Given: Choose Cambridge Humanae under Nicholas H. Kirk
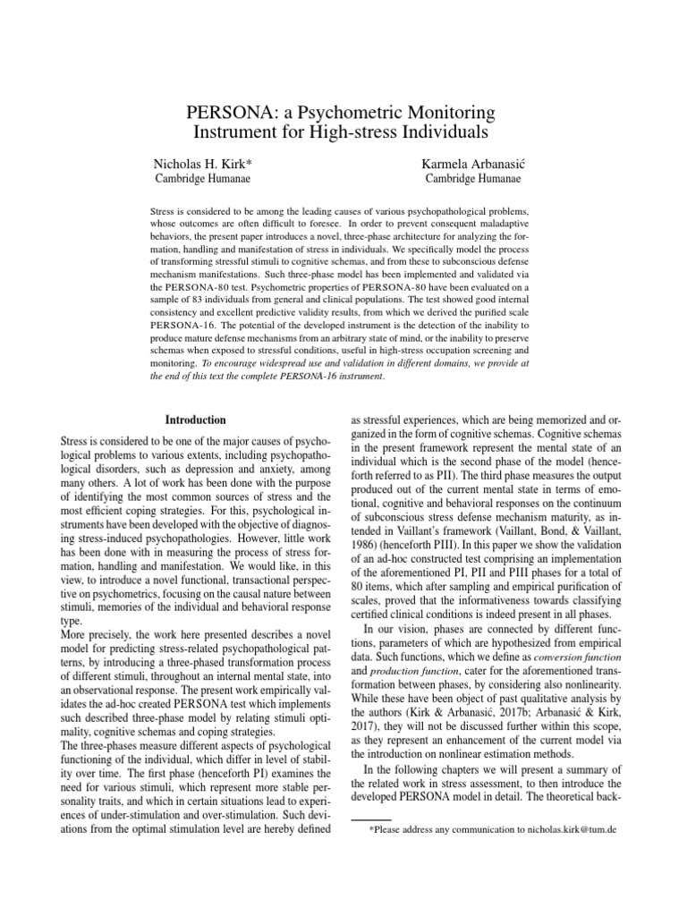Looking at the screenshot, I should coord(199,179).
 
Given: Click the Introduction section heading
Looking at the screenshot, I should coord(196,420).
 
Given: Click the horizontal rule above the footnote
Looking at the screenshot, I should coord(370,818).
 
